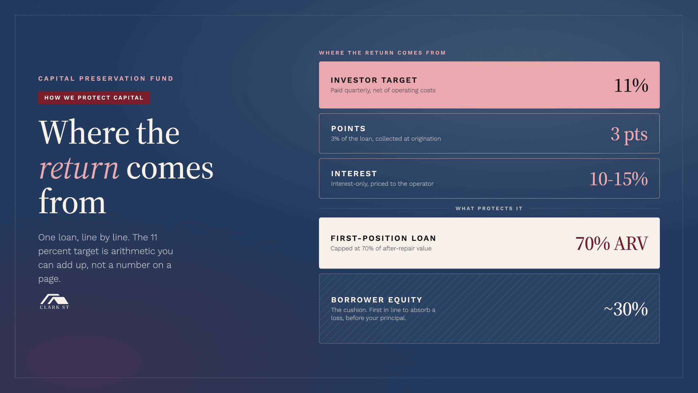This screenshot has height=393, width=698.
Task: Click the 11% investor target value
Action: coord(631,85)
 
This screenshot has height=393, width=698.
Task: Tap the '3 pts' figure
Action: coord(629,134)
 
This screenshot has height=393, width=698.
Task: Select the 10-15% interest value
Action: coord(619,179)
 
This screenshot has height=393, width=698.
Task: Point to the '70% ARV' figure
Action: coord(612,244)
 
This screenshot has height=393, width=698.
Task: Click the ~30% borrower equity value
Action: coord(626,309)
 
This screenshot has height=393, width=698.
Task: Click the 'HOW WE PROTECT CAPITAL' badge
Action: coord(94,98)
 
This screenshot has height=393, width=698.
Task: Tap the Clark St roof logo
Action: coord(55,302)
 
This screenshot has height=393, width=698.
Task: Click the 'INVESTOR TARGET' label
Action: coord(374,80)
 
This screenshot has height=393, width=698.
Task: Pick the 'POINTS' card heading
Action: coord(348,129)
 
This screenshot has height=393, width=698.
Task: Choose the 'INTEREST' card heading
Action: coord(354,174)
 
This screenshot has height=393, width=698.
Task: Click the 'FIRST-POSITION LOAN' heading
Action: coord(383,238)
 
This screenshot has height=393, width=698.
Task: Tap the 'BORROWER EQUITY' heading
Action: coord(377,300)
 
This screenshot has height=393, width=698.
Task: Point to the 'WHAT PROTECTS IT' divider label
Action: coord(489,208)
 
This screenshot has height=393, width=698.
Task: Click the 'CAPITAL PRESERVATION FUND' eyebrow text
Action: coord(106,78)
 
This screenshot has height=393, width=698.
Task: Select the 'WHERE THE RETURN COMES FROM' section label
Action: coord(382,53)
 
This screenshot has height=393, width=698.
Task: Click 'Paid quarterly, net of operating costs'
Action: coord(383,90)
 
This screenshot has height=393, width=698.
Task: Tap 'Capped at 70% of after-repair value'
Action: coord(381,248)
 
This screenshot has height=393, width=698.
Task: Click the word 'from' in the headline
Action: coord(72,202)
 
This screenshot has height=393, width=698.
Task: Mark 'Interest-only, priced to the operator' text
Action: coord(382,184)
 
